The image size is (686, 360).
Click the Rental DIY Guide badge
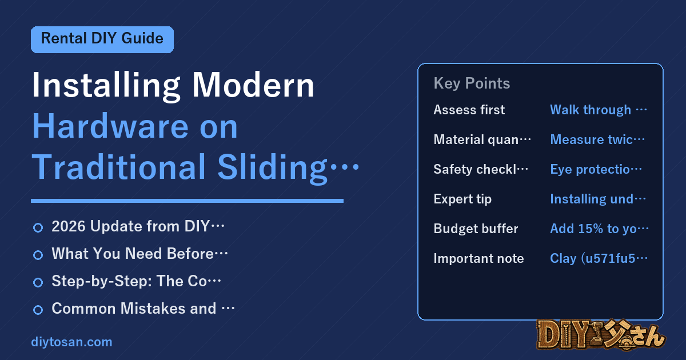pyautogui.click(x=102, y=39)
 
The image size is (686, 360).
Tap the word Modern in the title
pyautogui.click(x=253, y=85)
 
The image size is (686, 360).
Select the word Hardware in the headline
pyautogui.click(x=110, y=126)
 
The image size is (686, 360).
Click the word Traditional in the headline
pyautogui.click(x=119, y=167)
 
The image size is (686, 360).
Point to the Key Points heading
pyautogui.click(x=472, y=83)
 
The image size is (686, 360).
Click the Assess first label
pyautogui.click(x=469, y=110)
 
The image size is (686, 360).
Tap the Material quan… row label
pyautogui.click(x=482, y=139)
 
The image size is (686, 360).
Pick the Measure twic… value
pyautogui.click(x=597, y=139)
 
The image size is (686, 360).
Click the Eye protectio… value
pyautogui.click(x=596, y=169)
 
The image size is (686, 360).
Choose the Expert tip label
pyautogui.click(x=462, y=199)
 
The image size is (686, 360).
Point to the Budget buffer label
pyautogui.click(x=476, y=229)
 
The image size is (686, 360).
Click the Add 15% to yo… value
pyautogui.click(x=599, y=229)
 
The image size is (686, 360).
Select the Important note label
pyautogui.click(x=478, y=258)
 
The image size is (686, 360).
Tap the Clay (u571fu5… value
pyautogui.click(x=599, y=258)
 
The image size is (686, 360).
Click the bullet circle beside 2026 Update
pyautogui.click(x=38, y=227)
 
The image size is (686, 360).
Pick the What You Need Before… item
pyautogui.click(x=139, y=254)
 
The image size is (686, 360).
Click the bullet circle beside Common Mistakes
pyautogui.click(x=38, y=310)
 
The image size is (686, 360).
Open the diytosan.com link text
pyautogui.click(x=71, y=342)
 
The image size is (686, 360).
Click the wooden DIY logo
pyautogui.click(x=601, y=335)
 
